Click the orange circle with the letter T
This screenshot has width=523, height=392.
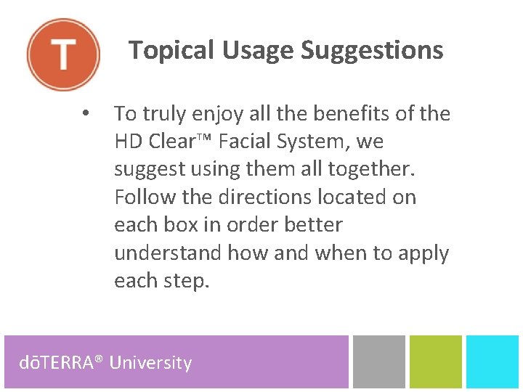(x=63, y=54)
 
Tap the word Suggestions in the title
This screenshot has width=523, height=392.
(x=372, y=51)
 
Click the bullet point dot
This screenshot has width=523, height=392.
(x=86, y=114)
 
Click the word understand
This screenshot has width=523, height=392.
(x=168, y=253)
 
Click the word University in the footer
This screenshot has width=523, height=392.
(x=150, y=362)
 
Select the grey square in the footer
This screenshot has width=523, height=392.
(x=378, y=362)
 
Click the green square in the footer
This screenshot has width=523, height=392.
(x=435, y=362)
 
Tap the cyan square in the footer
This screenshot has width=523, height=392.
(x=492, y=362)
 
